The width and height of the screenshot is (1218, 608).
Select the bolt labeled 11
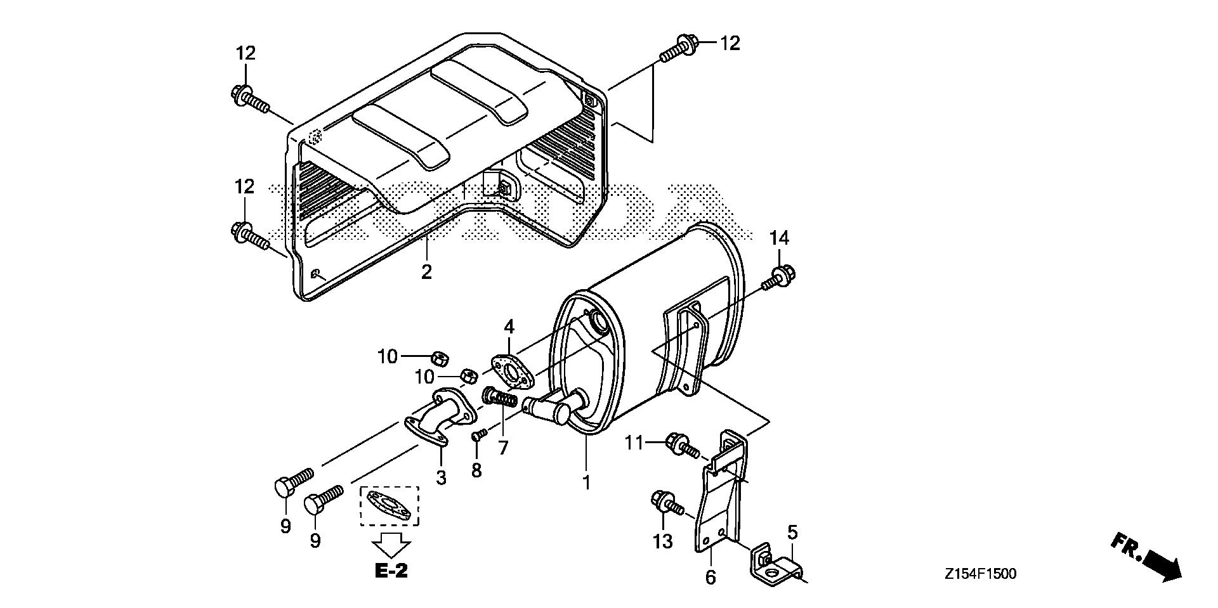click(x=681, y=444)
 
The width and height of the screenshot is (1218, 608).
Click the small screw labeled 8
click(x=479, y=435)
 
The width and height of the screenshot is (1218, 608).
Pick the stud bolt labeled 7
click(x=501, y=398)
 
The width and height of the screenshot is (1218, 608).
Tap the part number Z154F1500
click(x=979, y=574)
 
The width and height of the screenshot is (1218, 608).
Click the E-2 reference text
click(x=391, y=571)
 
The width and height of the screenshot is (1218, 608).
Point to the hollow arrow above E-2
click(x=391, y=544)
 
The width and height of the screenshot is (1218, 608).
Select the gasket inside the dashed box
click(x=390, y=505)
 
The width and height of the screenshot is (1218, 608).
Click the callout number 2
click(x=426, y=271)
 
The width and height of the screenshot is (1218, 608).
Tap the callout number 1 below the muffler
click(x=587, y=482)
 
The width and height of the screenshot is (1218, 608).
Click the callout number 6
click(x=710, y=577)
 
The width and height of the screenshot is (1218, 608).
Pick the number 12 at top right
click(x=730, y=43)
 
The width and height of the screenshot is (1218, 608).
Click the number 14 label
click(x=779, y=238)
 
